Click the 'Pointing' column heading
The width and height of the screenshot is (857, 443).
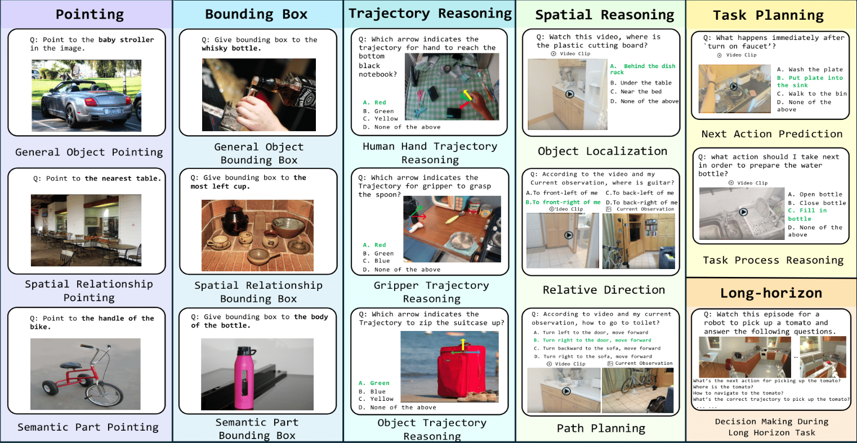click(x=90, y=14)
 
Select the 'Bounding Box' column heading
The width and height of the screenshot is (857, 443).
click(x=256, y=14)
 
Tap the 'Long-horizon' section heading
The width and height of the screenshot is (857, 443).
click(x=771, y=293)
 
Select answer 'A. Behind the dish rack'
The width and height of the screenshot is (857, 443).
click(x=642, y=69)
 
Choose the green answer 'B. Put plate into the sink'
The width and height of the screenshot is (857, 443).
click(x=810, y=81)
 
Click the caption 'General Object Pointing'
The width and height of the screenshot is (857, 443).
click(x=89, y=152)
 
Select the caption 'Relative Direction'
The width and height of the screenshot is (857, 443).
click(x=604, y=290)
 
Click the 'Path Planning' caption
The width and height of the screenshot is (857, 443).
click(x=601, y=428)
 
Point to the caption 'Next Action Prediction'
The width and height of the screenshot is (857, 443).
click(x=771, y=134)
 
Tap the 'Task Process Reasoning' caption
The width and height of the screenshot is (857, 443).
click(x=773, y=260)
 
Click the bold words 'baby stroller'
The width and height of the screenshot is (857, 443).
click(x=126, y=40)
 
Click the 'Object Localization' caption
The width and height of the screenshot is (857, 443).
click(x=602, y=151)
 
